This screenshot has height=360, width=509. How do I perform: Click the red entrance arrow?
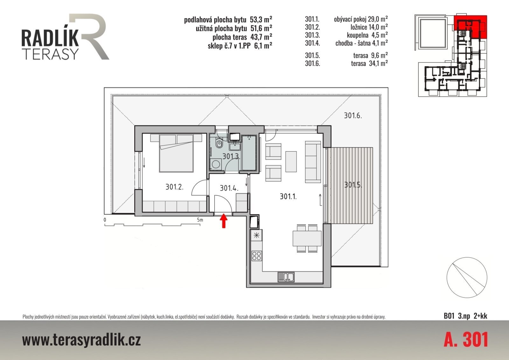pyautogui.click(x=224, y=221)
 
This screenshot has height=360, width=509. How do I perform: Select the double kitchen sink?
pyautogui.click(x=286, y=277)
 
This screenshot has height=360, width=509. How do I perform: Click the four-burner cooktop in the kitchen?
pyautogui.click(x=256, y=256)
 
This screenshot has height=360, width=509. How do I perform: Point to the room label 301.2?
pyautogui.click(x=174, y=187)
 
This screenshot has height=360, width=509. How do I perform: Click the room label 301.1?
pyautogui.click(x=288, y=196)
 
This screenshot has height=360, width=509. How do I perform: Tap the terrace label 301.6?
pyautogui.click(x=353, y=116)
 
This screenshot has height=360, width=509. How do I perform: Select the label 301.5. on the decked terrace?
pyautogui.click(x=353, y=185)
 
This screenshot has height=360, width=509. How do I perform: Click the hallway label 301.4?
pyautogui.click(x=229, y=188)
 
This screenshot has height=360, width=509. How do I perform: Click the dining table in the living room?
pyautogui.click(x=307, y=238)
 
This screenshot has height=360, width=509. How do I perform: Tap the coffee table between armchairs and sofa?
pyautogui.click(x=291, y=161)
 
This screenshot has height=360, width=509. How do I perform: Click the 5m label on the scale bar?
pyautogui.click(x=200, y=220)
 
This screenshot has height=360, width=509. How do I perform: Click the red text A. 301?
pyautogui.click(x=466, y=340)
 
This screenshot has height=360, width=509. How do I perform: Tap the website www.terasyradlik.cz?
pyautogui.click(x=81, y=341)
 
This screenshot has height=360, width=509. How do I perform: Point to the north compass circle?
pyautogui.click(x=467, y=278)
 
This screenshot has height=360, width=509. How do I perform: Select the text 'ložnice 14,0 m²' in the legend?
pyautogui.click(x=369, y=27)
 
